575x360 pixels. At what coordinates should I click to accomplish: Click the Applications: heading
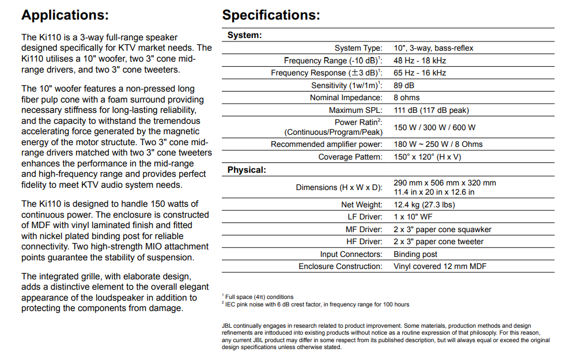point(65,15)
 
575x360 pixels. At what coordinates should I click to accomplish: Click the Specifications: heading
point(271,15)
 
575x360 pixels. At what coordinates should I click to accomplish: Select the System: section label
point(244,35)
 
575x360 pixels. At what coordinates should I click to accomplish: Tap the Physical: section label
point(247,170)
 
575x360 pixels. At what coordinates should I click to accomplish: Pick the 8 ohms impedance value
point(407,97)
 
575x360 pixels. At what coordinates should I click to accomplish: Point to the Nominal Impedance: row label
point(346,98)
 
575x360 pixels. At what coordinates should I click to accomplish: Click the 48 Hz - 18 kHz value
point(420,60)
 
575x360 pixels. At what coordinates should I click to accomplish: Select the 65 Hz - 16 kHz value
point(420,73)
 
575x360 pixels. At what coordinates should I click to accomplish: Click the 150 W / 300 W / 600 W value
point(434,127)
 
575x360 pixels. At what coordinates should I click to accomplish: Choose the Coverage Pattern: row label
point(350,157)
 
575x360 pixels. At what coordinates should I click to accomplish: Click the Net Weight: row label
point(361,204)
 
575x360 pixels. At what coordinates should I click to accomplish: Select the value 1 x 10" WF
point(413,217)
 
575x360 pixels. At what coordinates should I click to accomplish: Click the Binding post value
point(415,254)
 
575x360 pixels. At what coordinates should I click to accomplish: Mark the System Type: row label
point(358,48)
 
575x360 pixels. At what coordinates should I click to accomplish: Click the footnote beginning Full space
point(259,297)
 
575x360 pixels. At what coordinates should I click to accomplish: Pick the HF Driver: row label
point(364,242)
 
